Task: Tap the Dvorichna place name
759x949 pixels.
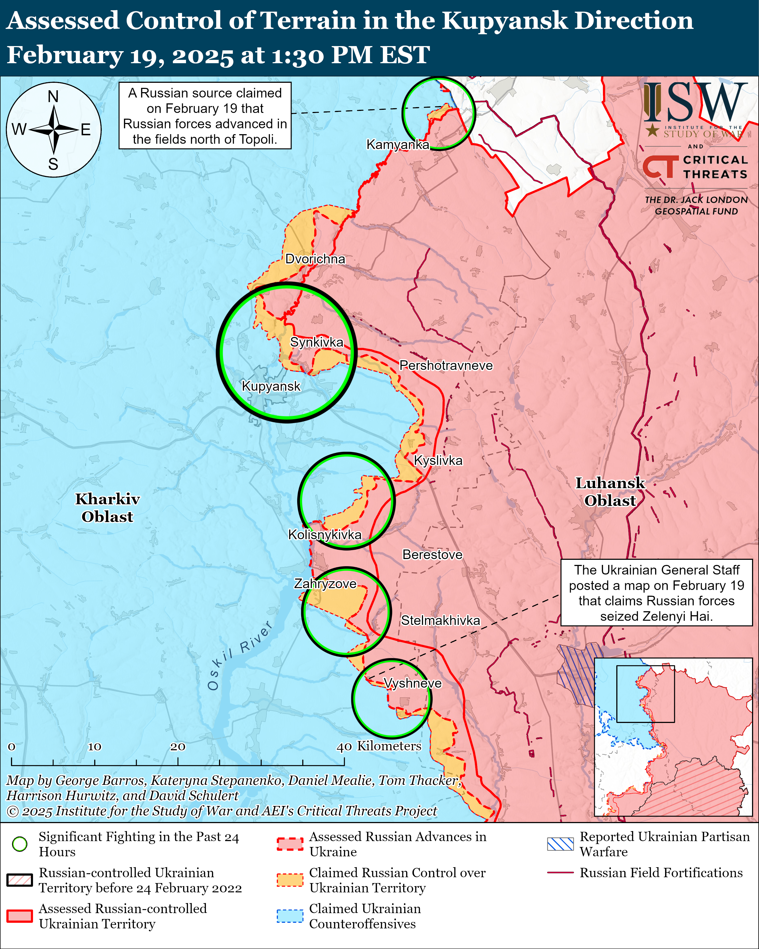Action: click(315, 259)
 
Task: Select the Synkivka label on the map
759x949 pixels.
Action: click(317, 342)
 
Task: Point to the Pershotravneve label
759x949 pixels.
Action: click(446, 365)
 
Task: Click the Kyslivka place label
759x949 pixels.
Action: click(438, 460)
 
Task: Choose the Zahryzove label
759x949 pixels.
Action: click(325, 584)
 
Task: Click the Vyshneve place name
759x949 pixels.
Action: click(413, 683)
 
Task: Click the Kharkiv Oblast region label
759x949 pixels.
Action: click(107, 508)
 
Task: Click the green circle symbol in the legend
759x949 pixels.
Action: click(20, 844)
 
